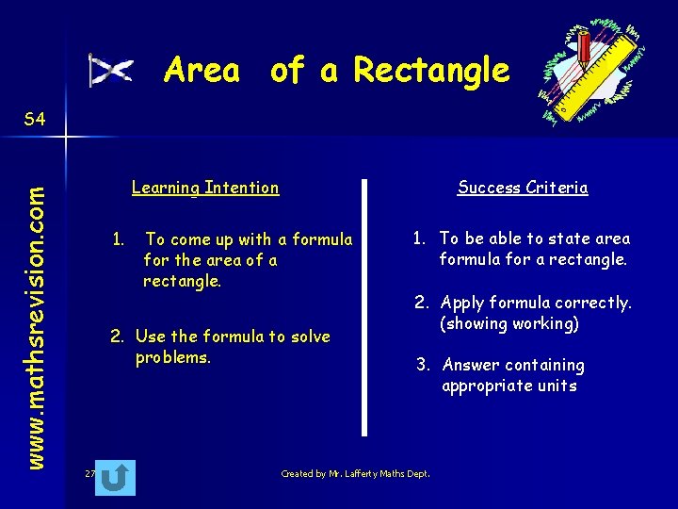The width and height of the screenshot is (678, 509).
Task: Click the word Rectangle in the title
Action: tap(431, 71)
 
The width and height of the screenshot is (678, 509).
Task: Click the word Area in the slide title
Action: tap(202, 71)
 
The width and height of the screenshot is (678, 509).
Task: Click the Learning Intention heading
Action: tap(205, 188)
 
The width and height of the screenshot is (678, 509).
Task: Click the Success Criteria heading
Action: tap(523, 188)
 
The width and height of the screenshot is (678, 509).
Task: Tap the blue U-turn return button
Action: tap(115, 478)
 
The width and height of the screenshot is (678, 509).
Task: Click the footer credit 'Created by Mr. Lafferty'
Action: tap(355, 474)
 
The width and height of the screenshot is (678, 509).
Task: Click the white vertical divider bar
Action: tap(364, 306)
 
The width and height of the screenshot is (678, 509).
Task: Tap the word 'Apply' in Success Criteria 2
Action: tap(461, 304)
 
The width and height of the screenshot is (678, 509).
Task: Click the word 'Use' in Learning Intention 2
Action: tap(151, 337)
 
